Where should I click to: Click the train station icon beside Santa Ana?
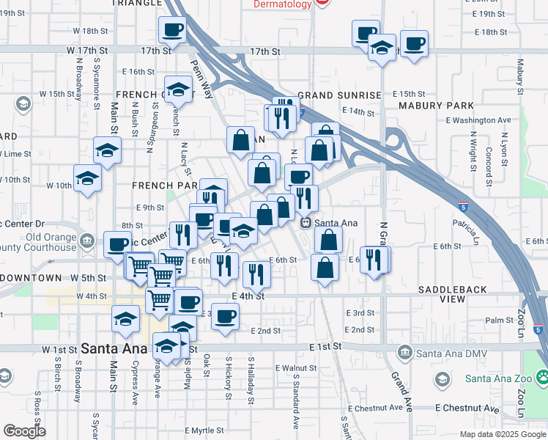tap(307, 222)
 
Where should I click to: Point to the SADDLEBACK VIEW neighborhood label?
tap(452, 294)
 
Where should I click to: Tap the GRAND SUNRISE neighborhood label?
tap(339, 95)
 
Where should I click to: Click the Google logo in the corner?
tap(24, 431)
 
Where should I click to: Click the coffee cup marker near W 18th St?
tap(172, 30)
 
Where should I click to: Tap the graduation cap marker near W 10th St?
tap(87, 179)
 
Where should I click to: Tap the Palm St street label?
tap(499, 320)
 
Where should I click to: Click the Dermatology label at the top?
tap(282, 4)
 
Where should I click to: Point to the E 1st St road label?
tap(325, 345)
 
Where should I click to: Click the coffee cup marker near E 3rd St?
tap(226, 315)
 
